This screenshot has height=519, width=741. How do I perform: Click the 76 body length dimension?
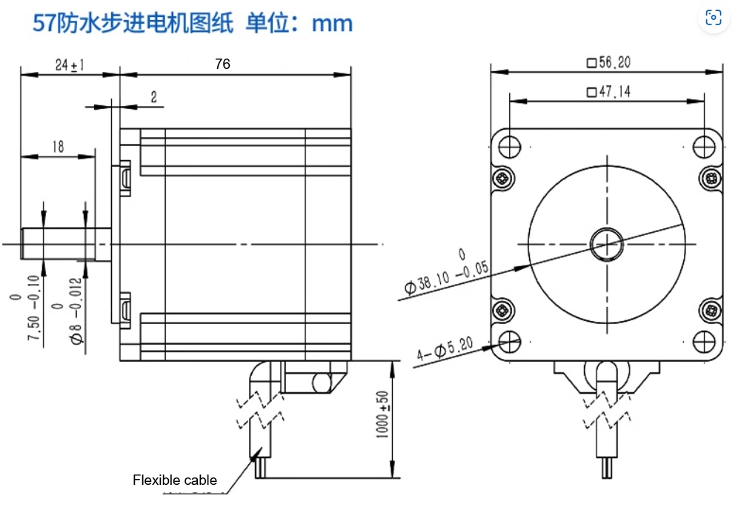[x=222, y=65]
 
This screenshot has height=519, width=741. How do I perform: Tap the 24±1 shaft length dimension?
[x=70, y=65]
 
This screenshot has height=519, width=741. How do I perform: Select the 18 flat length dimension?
[x=58, y=147]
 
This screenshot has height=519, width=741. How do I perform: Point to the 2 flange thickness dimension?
[x=153, y=97]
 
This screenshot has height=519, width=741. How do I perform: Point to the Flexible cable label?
[x=175, y=480]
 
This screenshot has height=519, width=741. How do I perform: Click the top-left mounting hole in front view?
[x=510, y=145]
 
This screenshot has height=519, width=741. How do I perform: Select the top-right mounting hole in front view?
[x=705, y=145]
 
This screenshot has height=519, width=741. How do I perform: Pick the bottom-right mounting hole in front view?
[x=705, y=342]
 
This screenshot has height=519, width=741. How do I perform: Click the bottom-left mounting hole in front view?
[x=510, y=342]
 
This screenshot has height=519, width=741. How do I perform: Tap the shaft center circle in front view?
[x=607, y=243]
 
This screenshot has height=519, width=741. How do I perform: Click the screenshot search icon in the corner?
[x=714, y=19]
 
